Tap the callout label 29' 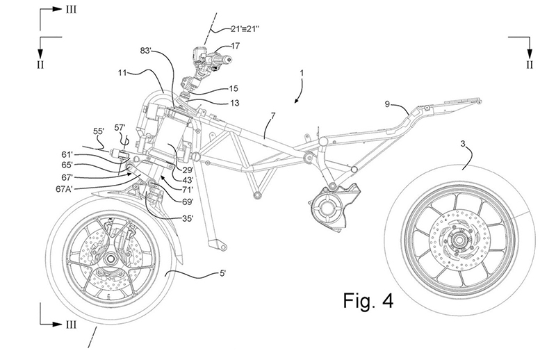tap(186, 170)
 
